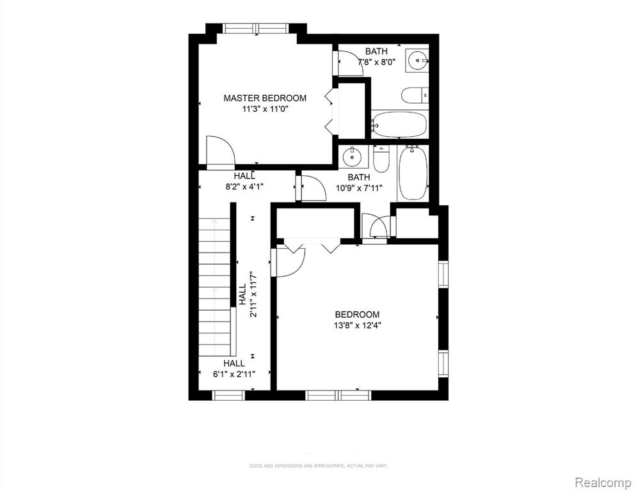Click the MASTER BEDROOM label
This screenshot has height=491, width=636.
coord(264,98)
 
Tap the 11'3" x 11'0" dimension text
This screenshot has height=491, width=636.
coord(264,109)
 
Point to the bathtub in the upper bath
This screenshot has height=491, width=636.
coord(399,124)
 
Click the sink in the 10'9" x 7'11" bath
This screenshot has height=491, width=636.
coord(351,156)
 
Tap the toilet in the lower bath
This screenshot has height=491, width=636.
coord(381,160)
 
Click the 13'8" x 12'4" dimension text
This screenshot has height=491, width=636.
coord(357,325)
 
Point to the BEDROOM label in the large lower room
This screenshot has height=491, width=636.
coord(357,314)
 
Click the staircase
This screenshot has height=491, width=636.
coord(214,288)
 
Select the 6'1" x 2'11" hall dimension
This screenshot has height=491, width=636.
coord(234,374)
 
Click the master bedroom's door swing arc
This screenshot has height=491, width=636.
coord(221,152)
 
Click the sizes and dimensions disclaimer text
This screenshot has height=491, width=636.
coord(318,465)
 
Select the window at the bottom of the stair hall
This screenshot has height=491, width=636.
coord(229,395)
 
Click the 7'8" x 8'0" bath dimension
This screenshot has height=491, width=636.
coord(376,62)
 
